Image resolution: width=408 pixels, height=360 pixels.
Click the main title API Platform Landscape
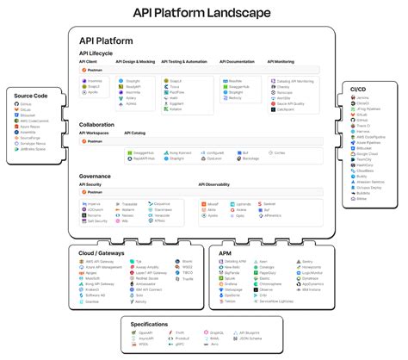tap(204, 13)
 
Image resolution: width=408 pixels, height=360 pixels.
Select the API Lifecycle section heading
tap(101, 53)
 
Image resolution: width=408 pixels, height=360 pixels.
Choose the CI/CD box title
tap(358, 90)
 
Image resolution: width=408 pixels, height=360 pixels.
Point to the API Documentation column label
tap(238, 62)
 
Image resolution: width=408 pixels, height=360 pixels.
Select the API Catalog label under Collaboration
tap(135, 133)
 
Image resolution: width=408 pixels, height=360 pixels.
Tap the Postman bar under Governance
tap(95, 193)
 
